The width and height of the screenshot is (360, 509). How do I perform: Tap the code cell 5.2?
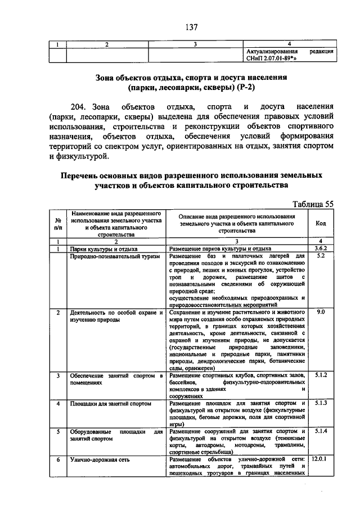321,256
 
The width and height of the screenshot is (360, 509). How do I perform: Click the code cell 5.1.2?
321,374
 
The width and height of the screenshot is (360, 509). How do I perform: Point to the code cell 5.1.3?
321,403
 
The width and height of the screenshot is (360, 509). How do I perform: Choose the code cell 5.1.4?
321,431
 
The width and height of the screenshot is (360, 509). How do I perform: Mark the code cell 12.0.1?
321,460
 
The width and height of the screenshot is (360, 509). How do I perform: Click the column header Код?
321,223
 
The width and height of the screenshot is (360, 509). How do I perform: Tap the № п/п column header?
58,223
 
